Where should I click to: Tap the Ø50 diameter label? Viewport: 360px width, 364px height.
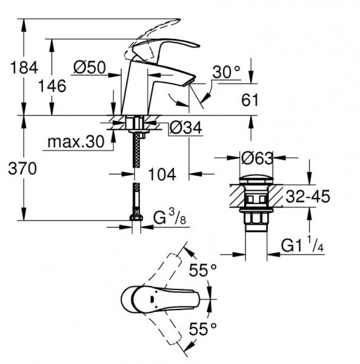coord(88,68)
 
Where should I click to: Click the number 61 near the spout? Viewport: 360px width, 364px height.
coord(250,99)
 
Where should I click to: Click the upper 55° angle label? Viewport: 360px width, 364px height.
coord(202,271)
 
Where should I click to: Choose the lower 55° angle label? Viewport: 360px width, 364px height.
coord(202,329)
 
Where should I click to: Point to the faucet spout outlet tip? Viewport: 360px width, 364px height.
coord(190,81)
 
